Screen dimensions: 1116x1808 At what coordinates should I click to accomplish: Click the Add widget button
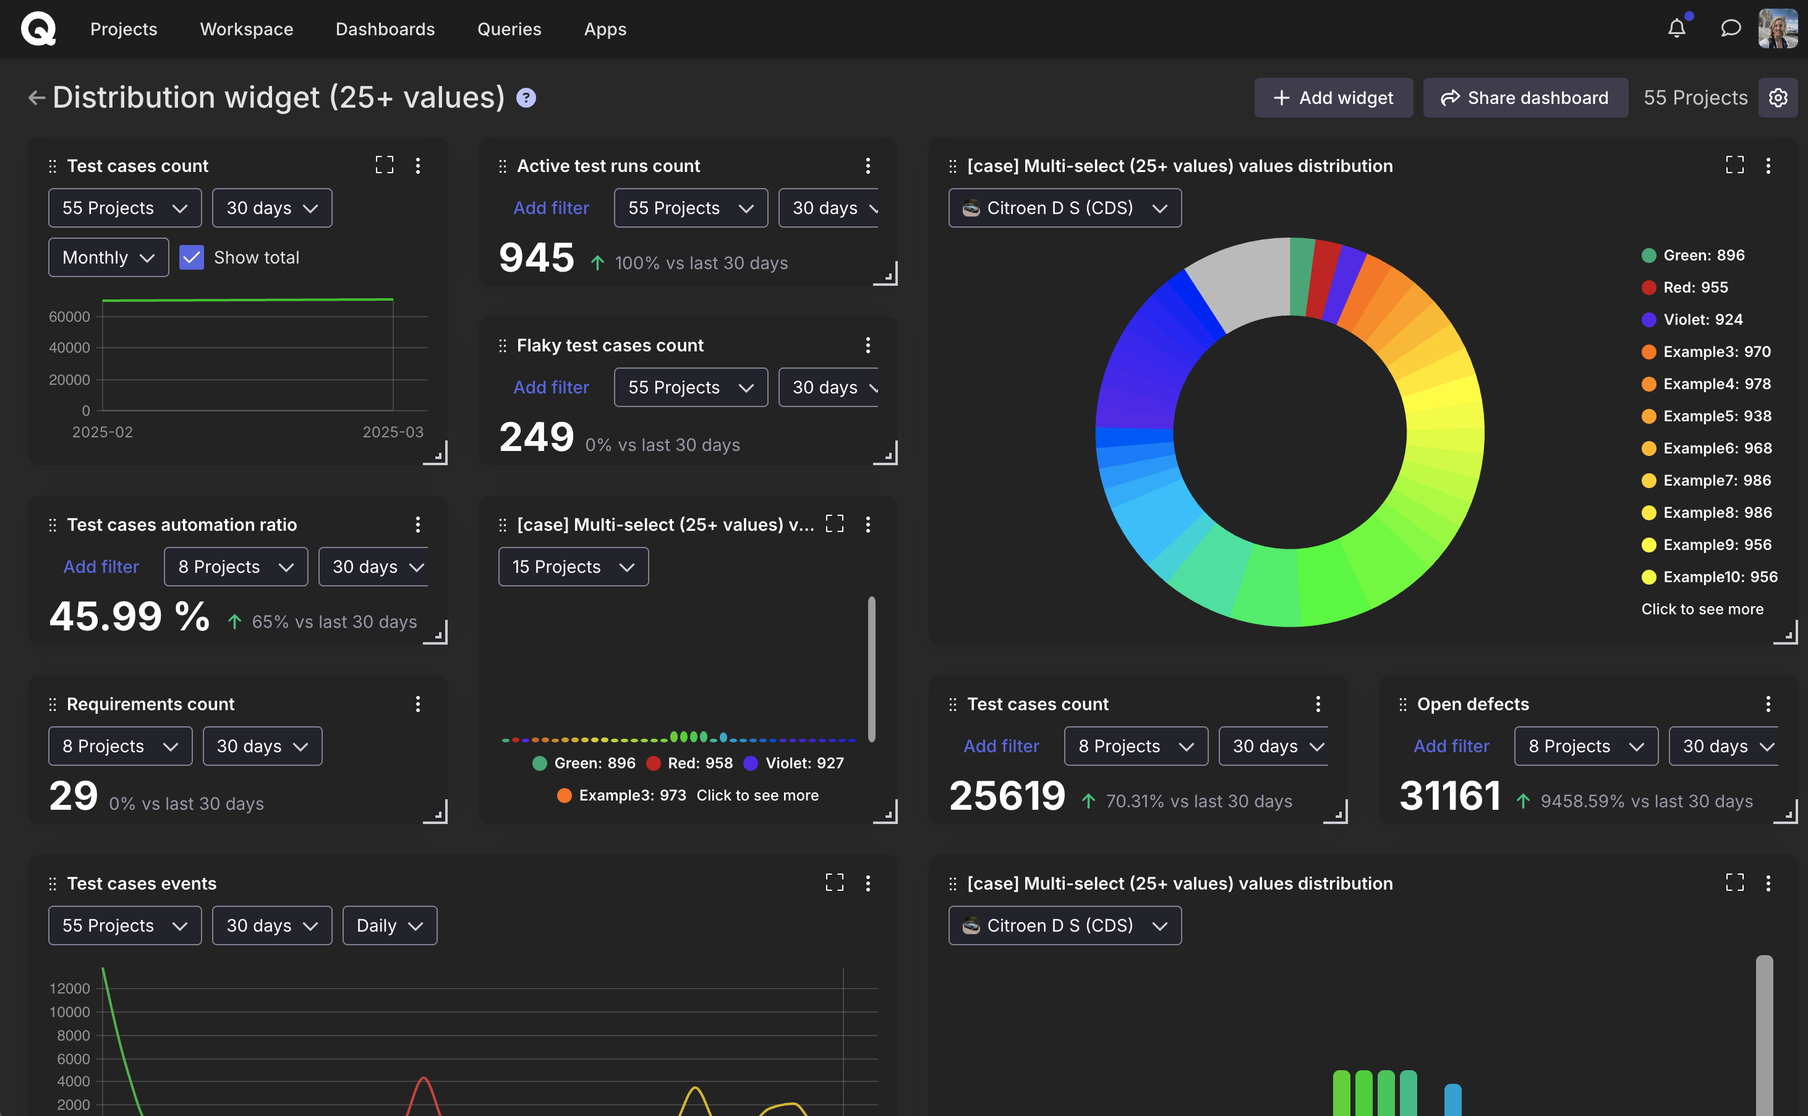click(1333, 97)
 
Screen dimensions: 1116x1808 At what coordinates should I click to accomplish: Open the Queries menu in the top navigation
click(509, 29)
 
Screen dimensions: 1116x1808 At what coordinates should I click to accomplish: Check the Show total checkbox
click(192, 257)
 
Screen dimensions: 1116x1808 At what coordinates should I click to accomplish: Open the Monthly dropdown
click(108, 257)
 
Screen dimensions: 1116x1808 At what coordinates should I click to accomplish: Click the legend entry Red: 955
click(1694, 287)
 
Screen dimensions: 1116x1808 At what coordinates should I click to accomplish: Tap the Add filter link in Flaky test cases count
click(551, 387)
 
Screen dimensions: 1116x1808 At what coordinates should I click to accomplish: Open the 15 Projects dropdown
click(573, 567)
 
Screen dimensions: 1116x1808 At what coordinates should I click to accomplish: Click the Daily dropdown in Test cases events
click(390, 925)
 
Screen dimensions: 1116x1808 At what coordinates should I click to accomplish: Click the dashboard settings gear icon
click(1778, 97)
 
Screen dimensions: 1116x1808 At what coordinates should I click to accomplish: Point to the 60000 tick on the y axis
click(69, 317)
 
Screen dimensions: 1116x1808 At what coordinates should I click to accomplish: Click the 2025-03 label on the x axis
click(393, 432)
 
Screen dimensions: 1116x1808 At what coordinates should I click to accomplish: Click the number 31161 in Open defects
click(1449, 796)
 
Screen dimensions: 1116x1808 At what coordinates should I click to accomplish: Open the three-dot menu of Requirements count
click(417, 704)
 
